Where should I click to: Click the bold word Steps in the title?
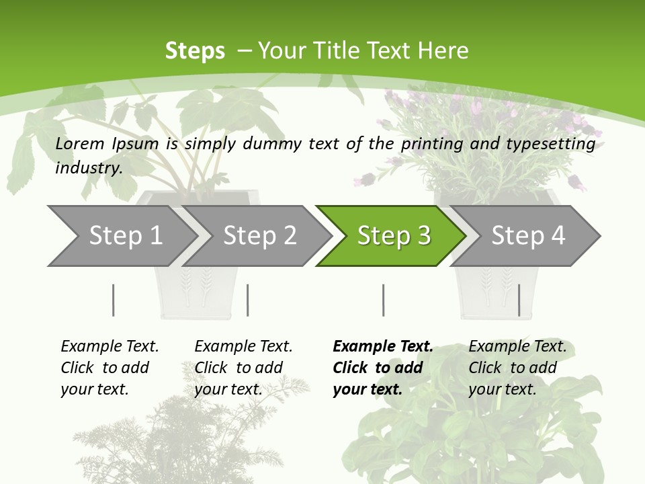(195, 50)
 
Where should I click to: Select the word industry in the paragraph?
(88, 167)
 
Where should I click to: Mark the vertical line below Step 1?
(113, 300)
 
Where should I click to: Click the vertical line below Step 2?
(248, 300)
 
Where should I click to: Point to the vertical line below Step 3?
(383, 300)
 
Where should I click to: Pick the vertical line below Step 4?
(519, 300)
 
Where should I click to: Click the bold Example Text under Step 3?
(383, 346)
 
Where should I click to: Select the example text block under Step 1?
(110, 368)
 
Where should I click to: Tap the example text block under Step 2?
(243, 368)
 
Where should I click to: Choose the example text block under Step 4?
(517, 368)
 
